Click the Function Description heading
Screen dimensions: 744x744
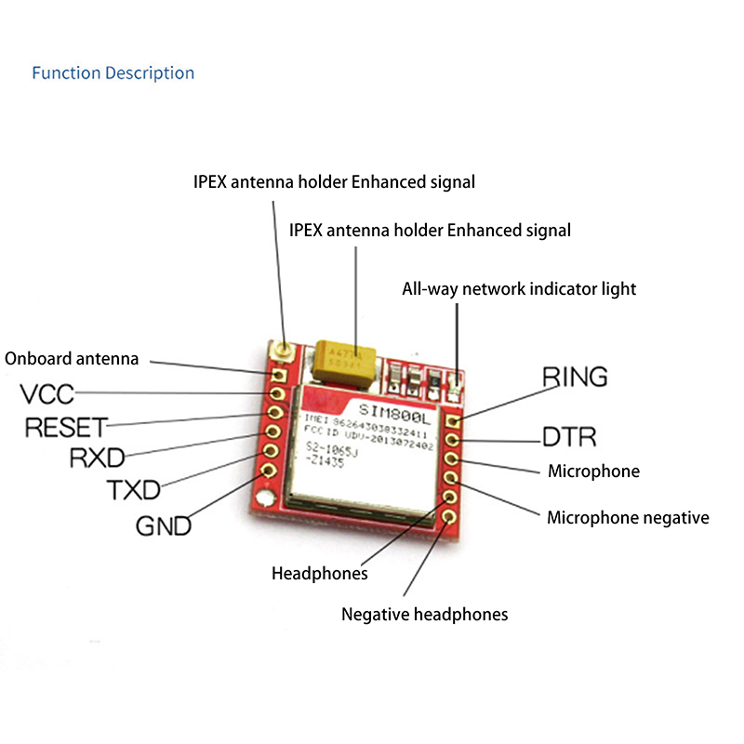pyautogui.click(x=113, y=73)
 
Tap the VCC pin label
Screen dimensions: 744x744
pyautogui.click(x=47, y=394)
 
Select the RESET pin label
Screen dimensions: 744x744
pyautogui.click(x=66, y=428)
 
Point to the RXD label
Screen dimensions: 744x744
pyautogui.click(x=98, y=458)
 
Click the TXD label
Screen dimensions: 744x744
pyautogui.click(x=133, y=489)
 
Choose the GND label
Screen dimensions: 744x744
pyautogui.click(x=164, y=525)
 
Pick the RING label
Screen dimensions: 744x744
pyautogui.click(x=575, y=377)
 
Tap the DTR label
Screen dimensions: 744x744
pyautogui.click(x=569, y=437)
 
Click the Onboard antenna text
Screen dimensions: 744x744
pyautogui.click(x=72, y=358)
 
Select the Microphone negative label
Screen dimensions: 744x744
pyautogui.click(x=628, y=517)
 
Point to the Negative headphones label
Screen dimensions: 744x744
pyautogui.click(x=424, y=614)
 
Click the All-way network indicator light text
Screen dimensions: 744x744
pyautogui.click(x=519, y=288)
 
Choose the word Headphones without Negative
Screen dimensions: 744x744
pyautogui.click(x=319, y=573)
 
